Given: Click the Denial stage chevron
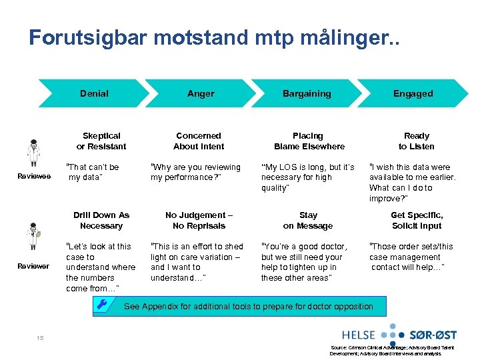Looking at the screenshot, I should tap(94, 94).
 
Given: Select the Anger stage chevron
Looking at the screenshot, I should tap(201, 94).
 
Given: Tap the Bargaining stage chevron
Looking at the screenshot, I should tap(307, 94).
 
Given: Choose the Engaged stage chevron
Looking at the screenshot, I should tap(413, 94).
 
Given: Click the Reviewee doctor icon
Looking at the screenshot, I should tap(33, 153).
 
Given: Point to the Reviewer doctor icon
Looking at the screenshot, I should tap(33, 237).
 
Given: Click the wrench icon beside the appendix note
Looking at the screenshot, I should tap(102, 305).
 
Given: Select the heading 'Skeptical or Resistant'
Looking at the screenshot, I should tap(101, 141).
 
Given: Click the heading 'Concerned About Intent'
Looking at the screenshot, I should tap(199, 141).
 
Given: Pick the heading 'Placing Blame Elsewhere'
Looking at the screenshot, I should tap(309, 141).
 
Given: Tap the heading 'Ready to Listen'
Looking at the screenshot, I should tap(417, 141).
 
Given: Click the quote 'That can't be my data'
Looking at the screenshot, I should tap(93, 172).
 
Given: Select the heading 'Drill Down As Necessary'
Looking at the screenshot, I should tap(101, 221).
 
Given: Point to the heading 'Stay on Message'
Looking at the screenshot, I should tap(309, 221).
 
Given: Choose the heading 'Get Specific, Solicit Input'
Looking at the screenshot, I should tap(417, 221).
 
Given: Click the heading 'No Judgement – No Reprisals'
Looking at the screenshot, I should tap(199, 221).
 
